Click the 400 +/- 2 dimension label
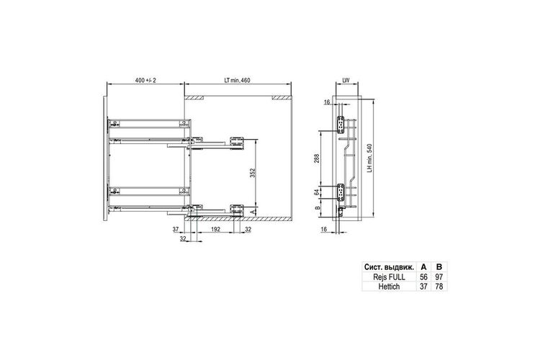pyautogui.click(x=145, y=80)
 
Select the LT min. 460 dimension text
pyautogui.click(x=238, y=80)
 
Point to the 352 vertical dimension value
pyautogui.click(x=253, y=173)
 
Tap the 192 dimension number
pyautogui.click(x=215, y=229)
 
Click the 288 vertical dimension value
pyautogui.click(x=317, y=158)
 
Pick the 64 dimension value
pyautogui.click(x=317, y=192)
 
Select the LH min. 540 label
pyautogui.click(x=369, y=158)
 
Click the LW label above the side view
pyautogui.click(x=346, y=80)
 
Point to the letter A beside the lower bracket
pyautogui.click(x=253, y=211)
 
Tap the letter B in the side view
pyautogui.click(x=317, y=207)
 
